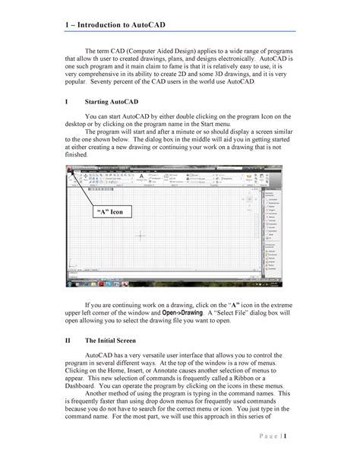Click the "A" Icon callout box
pos(108,211)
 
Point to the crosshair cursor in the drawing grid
pos(141,236)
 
